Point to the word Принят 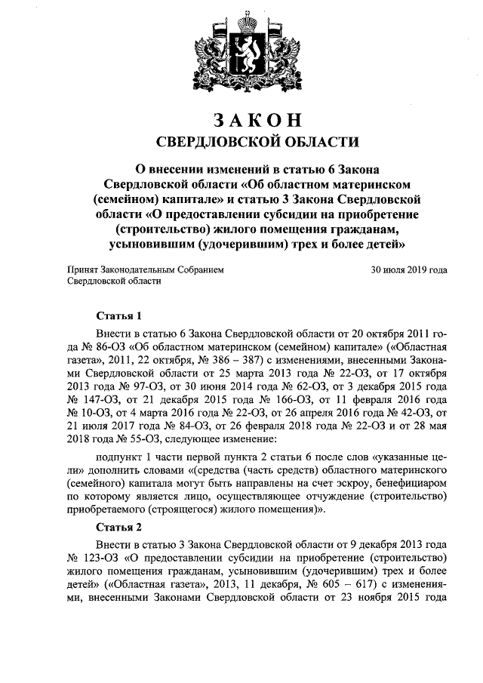[83, 269]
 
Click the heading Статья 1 [119, 315]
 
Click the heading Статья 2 [119, 528]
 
